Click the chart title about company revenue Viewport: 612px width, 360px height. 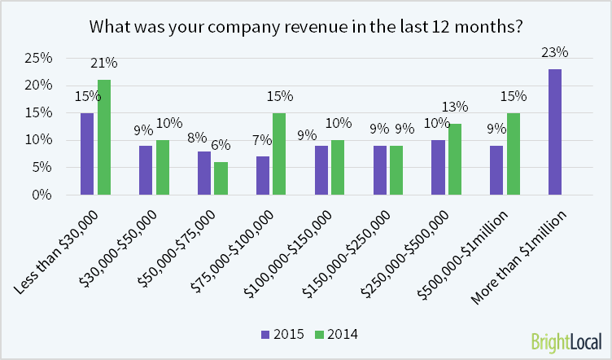(305, 25)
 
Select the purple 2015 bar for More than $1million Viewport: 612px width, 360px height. (555, 132)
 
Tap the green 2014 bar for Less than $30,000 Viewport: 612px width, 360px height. (103, 137)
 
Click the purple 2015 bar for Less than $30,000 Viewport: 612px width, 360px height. (87, 154)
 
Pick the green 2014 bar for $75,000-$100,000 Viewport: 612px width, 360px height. (279, 154)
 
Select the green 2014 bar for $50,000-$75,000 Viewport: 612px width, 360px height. (221, 178)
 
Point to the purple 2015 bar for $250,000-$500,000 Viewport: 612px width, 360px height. (438, 167)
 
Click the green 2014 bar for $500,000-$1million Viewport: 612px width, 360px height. (514, 154)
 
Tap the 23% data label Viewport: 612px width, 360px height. (555, 53)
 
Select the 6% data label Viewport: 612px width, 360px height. (221, 146)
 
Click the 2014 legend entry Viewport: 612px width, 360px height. (337, 333)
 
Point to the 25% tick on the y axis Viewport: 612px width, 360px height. (40, 59)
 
